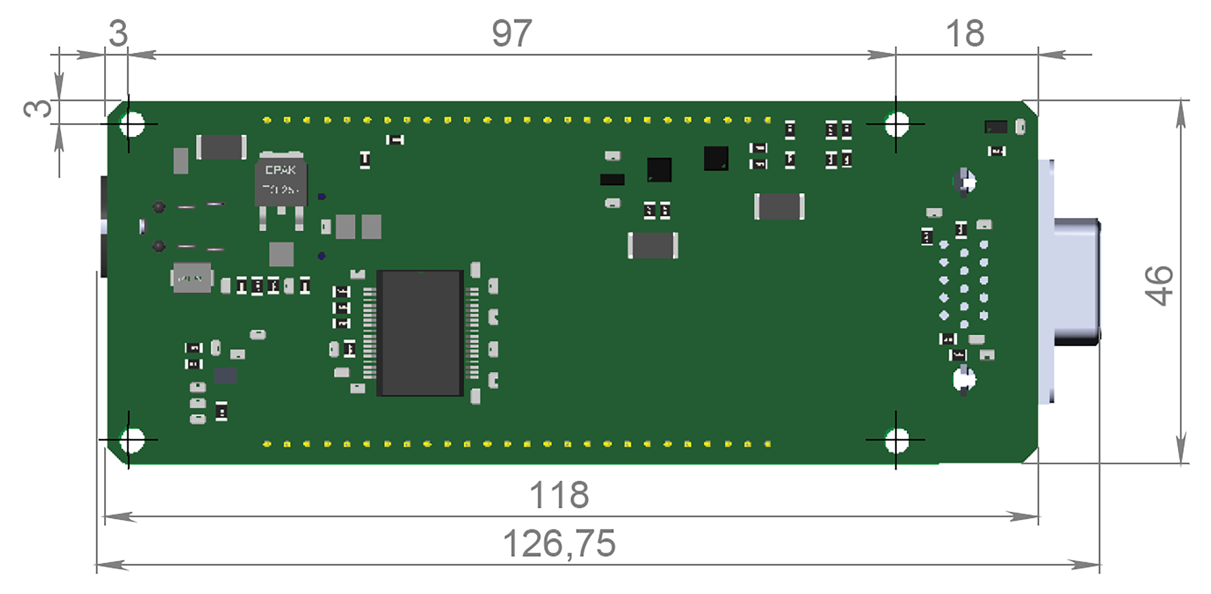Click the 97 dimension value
pyautogui.click(x=511, y=33)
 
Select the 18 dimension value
pyautogui.click(x=965, y=33)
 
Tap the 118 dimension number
pyautogui.click(x=559, y=495)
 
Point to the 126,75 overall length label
pyautogui.click(x=559, y=543)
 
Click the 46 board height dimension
pyautogui.click(x=1158, y=286)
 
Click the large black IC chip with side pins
pyautogui.click(x=420, y=333)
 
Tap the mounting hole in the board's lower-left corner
pyautogui.click(x=131, y=440)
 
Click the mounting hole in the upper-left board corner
pyautogui.click(x=131, y=124)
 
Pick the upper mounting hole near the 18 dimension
pyautogui.click(x=896, y=124)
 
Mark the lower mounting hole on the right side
pyautogui.click(x=896, y=440)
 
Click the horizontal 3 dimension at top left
pyautogui.click(x=118, y=33)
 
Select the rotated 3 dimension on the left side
pyautogui.click(x=38, y=109)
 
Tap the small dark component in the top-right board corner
pyautogui.click(x=996, y=127)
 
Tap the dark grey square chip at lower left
pyautogui.click(x=225, y=375)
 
